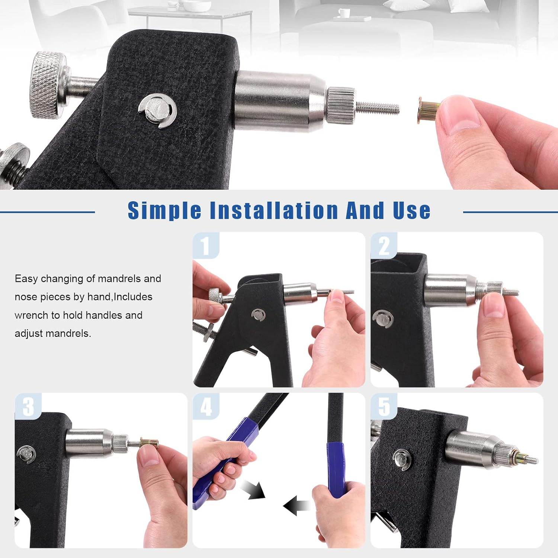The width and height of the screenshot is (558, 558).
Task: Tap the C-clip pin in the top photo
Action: pyautogui.click(x=157, y=110)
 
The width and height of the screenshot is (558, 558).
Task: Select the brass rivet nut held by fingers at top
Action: pyautogui.click(x=428, y=110)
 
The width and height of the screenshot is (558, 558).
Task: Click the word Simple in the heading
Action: pyautogui.click(x=164, y=211)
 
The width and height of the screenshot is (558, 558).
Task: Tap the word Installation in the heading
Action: pyautogui.click(x=274, y=210)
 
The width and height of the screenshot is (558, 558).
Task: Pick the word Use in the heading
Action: pyautogui.click(x=411, y=210)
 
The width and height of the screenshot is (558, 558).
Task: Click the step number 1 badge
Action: pyautogui.click(x=205, y=246)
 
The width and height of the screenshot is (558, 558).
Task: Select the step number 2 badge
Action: pyautogui.click(x=384, y=246)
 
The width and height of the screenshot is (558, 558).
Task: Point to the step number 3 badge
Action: pyautogui.click(x=28, y=406)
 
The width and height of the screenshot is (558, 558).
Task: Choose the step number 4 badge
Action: pyautogui.click(x=206, y=406)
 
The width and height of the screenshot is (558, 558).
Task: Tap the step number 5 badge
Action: pyautogui.click(x=384, y=406)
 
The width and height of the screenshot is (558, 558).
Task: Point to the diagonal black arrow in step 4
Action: pyautogui.click(x=253, y=489)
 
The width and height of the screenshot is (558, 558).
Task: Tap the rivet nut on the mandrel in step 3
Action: pyautogui.click(x=149, y=443)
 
